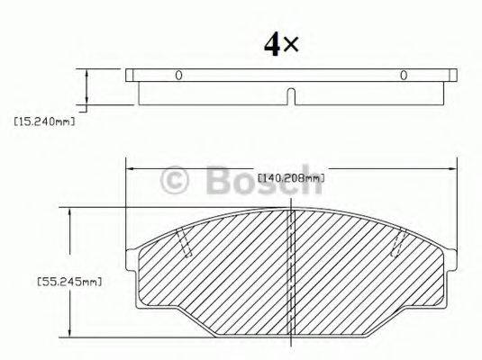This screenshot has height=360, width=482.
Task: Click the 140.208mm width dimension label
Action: coord(290,177)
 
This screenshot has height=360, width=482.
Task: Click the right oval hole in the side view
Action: coord(404,75)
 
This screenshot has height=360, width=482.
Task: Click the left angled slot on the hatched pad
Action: coord(184,240)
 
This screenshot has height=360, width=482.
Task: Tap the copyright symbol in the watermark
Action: coord(175,183)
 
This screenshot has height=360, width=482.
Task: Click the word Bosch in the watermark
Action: coord(261,182)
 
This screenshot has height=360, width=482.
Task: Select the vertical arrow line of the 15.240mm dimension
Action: coord(87,88)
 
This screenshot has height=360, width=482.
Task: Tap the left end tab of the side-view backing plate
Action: coord(132,75)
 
